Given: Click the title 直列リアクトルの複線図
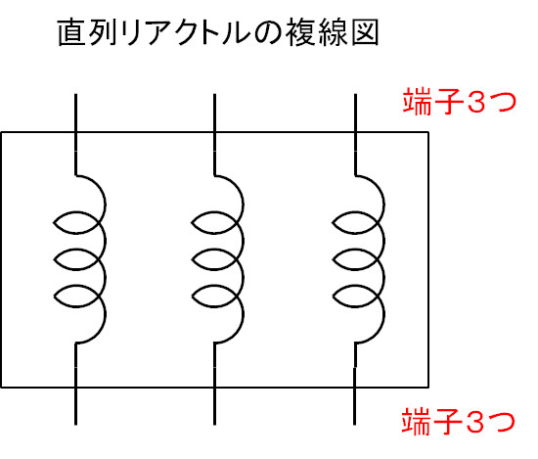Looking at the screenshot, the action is pos(218,32).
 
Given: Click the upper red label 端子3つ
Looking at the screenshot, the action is pos(460,100).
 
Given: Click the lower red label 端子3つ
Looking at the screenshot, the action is pos(459,421).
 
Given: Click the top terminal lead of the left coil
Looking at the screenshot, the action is pos(76,134).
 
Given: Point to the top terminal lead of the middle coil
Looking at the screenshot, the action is pos(214,134).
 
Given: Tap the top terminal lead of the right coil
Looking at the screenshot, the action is pos(355,134).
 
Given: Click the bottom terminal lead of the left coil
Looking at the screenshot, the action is pos(76,385).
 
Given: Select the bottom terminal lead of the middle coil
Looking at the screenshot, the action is pos(214,385).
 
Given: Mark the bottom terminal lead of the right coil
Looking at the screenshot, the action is pos(355,385).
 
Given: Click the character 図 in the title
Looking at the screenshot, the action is pos(365,32).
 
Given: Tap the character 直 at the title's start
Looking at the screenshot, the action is pos(71,32).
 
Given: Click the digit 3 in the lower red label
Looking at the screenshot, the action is pos(475,422).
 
